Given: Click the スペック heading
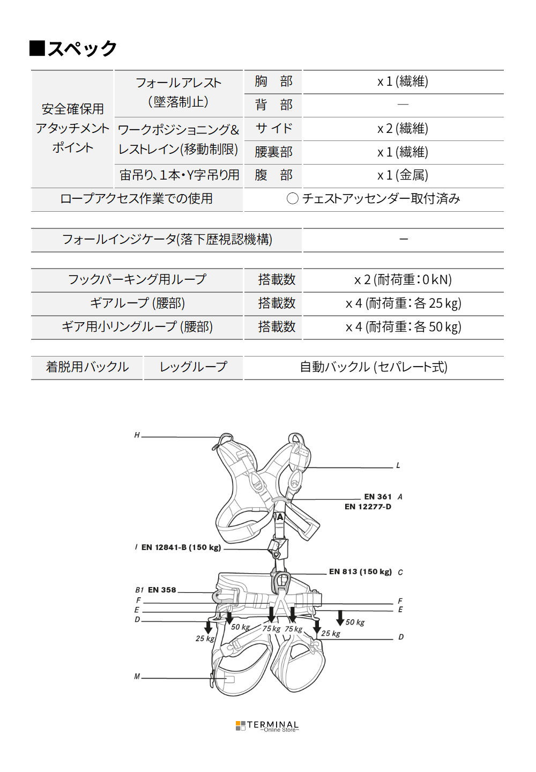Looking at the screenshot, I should coord(74,48).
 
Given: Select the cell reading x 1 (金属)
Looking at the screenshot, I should coord(403,175).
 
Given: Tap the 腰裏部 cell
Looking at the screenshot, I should coord(273,152).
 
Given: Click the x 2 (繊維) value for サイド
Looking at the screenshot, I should coord(403,129).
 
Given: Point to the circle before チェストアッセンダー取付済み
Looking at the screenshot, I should coord(292,199).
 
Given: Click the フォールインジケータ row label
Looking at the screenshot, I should coord(167,239).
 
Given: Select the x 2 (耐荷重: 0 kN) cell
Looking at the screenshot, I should coord(403,280).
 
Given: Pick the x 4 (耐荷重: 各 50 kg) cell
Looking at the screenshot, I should coord(403,327).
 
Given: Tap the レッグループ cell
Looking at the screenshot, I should coord(193,367).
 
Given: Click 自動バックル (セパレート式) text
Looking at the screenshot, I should coord(374,367).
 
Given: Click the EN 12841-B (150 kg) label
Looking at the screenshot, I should coord(181,547).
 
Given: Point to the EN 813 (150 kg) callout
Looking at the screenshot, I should coord(360,571).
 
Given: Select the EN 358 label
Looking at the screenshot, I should coord(162,590).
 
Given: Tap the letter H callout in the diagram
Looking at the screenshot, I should coord(137,435).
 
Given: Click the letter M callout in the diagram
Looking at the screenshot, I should coord(137,677).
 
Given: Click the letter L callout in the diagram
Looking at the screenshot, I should coord(398,465).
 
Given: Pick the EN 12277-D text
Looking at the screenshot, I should coord(368,507).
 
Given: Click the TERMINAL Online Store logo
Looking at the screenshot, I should coord(267,726).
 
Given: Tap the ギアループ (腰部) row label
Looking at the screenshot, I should coord(137,303).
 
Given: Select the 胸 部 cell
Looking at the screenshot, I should coord(273,81).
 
